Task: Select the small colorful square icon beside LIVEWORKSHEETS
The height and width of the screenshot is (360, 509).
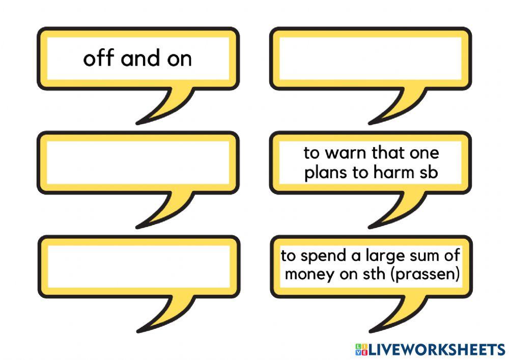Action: (x=360, y=349)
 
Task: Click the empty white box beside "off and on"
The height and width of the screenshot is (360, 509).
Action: (x=370, y=59)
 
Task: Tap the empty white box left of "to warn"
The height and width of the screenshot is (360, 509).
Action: (x=137, y=162)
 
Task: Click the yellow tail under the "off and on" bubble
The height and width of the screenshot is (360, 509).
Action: (x=168, y=104)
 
